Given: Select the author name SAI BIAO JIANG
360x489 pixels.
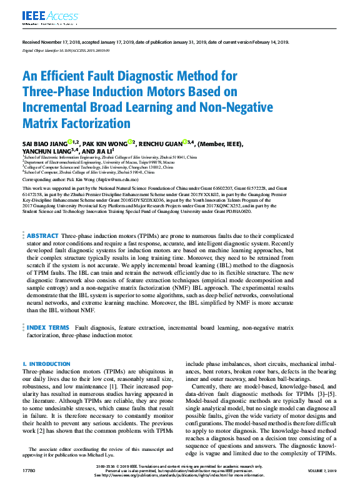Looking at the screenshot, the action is point(44,143).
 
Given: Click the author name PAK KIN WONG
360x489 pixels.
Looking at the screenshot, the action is point(103,143).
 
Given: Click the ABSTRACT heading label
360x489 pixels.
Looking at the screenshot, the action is point(42,235).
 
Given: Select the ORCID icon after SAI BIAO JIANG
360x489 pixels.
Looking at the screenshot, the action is point(70,143).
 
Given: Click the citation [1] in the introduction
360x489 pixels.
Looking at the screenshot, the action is point(141,387).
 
